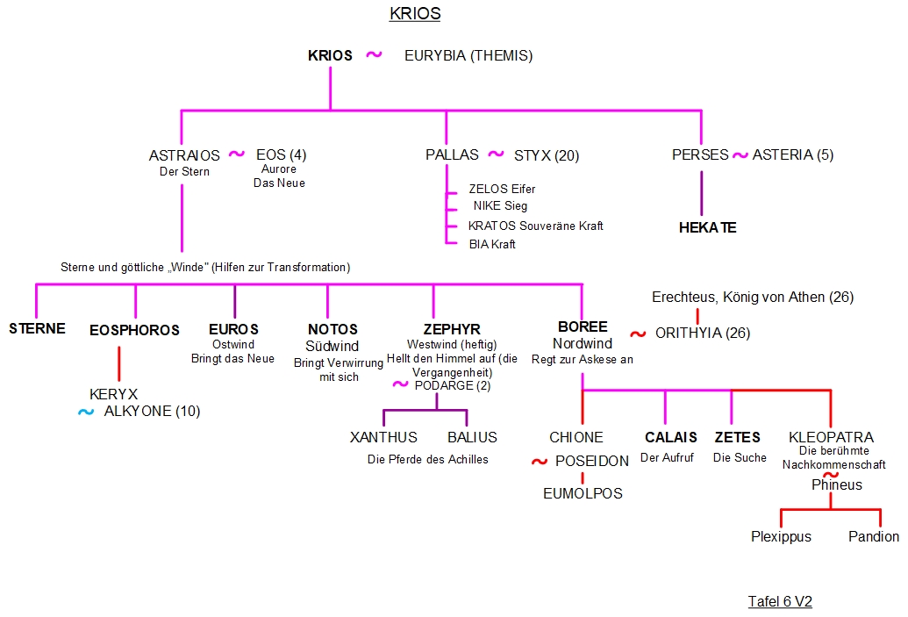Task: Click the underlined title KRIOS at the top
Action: click(x=415, y=14)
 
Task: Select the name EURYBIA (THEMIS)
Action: click(x=468, y=55)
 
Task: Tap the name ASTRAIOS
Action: click(x=184, y=155)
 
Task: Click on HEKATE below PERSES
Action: click(x=707, y=227)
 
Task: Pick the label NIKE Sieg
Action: click(x=500, y=206)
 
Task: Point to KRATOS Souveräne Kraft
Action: click(x=535, y=226)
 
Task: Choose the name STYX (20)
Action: click(x=547, y=155)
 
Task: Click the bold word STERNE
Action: click(x=37, y=329)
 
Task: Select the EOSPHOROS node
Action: click(x=134, y=330)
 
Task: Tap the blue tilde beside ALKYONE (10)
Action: click(x=85, y=411)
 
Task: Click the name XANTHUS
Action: click(x=383, y=437)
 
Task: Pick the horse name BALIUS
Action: click(x=472, y=437)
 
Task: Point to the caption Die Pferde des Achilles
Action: click(x=428, y=459)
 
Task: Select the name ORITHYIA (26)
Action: click(x=703, y=334)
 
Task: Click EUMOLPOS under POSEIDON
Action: click(x=583, y=493)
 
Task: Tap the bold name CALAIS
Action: click(x=671, y=437)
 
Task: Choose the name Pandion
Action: click(x=874, y=536)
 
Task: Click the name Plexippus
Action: click(x=781, y=536)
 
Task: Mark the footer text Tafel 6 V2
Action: click(x=780, y=601)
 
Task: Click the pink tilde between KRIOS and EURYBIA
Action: click(x=374, y=54)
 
